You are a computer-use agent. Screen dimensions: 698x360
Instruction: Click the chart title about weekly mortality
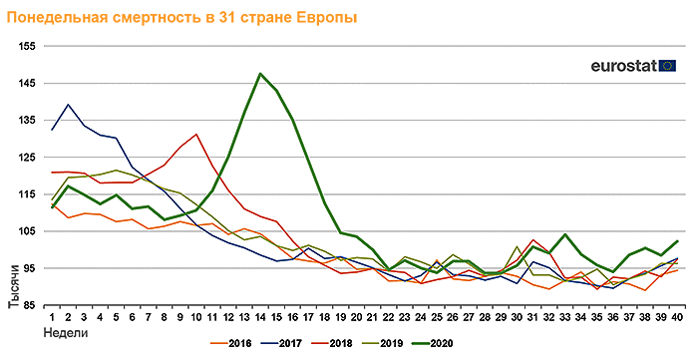click(x=181, y=17)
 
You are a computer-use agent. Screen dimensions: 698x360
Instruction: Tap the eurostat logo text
click(x=624, y=66)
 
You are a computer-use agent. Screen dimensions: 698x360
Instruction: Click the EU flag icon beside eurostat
click(x=667, y=66)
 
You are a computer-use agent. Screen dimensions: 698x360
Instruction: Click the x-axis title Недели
click(x=66, y=333)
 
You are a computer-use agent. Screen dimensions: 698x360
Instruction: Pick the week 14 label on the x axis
click(x=260, y=317)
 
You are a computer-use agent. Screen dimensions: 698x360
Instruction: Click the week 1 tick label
click(x=52, y=317)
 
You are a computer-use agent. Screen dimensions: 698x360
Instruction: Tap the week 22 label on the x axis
click(x=389, y=317)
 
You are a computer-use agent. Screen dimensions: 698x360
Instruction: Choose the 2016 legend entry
click(x=231, y=343)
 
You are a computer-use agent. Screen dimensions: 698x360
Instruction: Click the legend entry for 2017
click(x=282, y=343)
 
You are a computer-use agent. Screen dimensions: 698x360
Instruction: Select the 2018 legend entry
click(x=332, y=343)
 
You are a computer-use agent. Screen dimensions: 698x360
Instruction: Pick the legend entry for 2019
click(x=383, y=343)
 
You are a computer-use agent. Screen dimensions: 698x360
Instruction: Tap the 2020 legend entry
click(x=433, y=343)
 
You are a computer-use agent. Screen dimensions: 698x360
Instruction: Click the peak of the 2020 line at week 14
click(x=260, y=74)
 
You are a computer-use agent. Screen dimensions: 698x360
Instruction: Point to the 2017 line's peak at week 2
click(x=68, y=105)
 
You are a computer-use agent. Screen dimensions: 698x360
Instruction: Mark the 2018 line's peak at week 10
click(x=196, y=134)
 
